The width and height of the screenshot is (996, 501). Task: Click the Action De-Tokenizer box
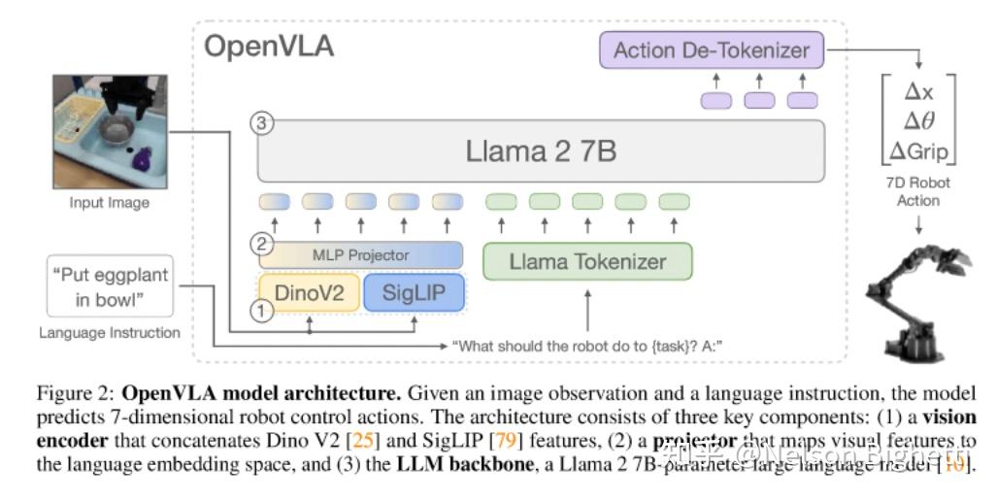coord(711,50)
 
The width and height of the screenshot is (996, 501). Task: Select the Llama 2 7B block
coord(541,151)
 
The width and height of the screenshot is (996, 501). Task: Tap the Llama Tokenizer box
coord(587,261)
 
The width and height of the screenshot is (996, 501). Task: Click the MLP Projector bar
coord(360,254)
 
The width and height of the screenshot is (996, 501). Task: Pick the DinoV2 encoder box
coord(308,292)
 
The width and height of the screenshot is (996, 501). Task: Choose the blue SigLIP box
coord(414,292)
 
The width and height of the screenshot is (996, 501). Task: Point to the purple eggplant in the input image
coord(143,157)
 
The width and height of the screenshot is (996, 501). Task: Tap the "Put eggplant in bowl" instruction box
coord(110,286)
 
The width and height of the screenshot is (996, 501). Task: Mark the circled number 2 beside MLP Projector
coord(258,242)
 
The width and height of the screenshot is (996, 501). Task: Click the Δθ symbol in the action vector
coord(918,121)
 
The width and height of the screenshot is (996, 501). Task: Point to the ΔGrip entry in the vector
coord(918,151)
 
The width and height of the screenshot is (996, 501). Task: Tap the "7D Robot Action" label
coord(918,191)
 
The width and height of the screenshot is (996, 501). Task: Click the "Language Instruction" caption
coord(110,333)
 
